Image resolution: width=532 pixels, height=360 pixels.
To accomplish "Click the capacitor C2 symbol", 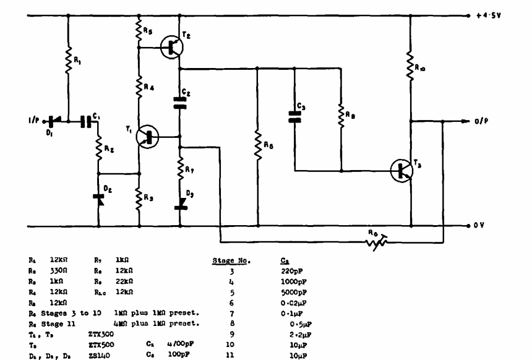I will point(180,101).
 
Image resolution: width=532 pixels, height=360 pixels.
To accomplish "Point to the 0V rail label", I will point(481,225).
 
